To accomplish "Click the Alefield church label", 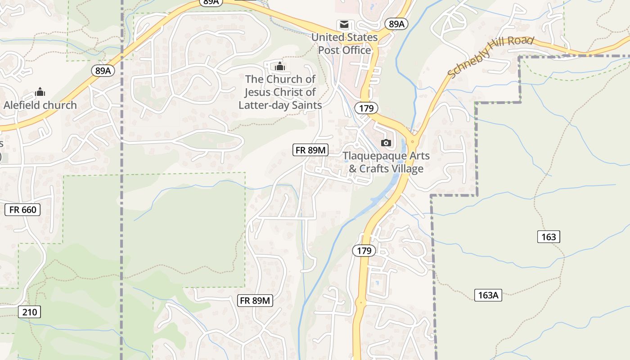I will (40, 105).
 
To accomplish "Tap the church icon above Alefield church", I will (40, 92).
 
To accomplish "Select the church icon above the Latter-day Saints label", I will (280, 66).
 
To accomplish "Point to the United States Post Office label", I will (345, 44).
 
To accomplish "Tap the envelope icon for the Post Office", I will (344, 24).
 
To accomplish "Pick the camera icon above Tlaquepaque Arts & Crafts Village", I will (386, 143).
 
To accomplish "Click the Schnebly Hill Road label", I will (491, 56).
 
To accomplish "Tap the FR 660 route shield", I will (22, 209).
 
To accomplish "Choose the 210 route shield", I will (30, 312).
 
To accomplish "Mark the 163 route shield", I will (549, 237).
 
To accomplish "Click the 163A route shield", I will (488, 295).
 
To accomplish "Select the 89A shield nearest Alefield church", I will (103, 71).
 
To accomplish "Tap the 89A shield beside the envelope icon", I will (396, 24).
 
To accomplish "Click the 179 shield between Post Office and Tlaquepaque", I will (366, 108).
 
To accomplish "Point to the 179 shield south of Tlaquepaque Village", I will (364, 251).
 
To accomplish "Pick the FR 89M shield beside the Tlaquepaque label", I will (310, 150).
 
